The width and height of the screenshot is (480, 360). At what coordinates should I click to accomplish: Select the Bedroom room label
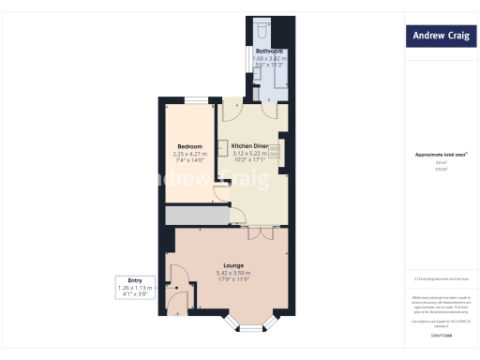(x=190, y=145)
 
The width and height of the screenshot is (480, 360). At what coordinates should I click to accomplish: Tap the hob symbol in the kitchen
(x=274, y=151)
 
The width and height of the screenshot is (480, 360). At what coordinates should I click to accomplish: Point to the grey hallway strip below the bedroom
(x=196, y=216)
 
